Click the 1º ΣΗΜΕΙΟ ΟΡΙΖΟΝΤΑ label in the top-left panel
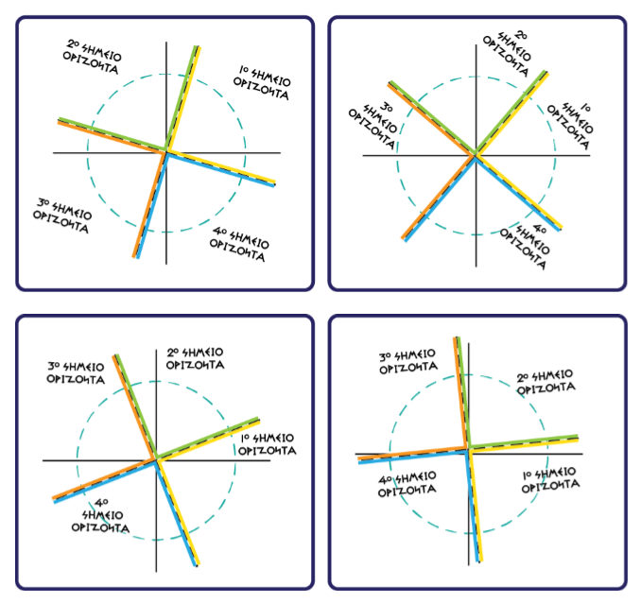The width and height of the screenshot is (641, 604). [262, 83]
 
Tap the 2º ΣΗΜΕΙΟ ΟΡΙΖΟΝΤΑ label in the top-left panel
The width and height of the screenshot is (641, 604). [92, 57]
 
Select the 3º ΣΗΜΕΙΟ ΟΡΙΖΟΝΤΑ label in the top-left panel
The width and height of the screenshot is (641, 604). [62, 216]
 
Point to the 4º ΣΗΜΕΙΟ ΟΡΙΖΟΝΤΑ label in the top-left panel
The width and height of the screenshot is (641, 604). [239, 244]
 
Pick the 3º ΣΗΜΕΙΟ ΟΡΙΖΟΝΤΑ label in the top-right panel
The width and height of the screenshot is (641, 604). [372, 126]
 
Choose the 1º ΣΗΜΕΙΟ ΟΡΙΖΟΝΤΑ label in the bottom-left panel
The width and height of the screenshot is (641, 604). [268, 444]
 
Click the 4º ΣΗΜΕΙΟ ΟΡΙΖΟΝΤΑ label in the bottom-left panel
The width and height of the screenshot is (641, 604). [100, 516]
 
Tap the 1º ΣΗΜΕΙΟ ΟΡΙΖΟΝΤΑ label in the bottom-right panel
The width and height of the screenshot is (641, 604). [550, 481]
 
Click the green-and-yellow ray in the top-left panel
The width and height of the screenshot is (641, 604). [182, 99]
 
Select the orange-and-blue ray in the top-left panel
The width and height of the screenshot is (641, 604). [150, 205]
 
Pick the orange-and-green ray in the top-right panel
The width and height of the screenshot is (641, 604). [432, 118]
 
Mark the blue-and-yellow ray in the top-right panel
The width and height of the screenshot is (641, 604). [518, 193]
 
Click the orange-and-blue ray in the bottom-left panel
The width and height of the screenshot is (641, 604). [104, 480]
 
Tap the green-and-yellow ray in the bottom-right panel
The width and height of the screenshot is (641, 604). [523, 442]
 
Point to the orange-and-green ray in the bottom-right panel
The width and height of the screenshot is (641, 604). [462, 392]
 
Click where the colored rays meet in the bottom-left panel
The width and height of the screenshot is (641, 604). [156, 459]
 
